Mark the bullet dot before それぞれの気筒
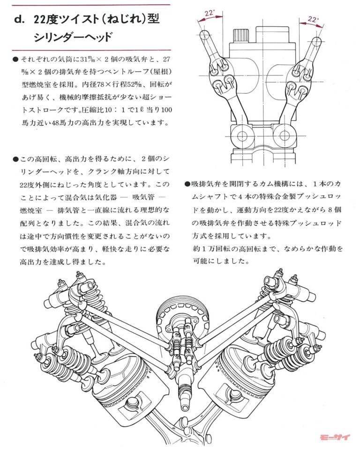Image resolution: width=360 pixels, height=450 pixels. click(16, 60)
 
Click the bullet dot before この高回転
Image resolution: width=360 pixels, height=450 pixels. click(16, 158)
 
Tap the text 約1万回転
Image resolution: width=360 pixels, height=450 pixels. click(210, 248)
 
